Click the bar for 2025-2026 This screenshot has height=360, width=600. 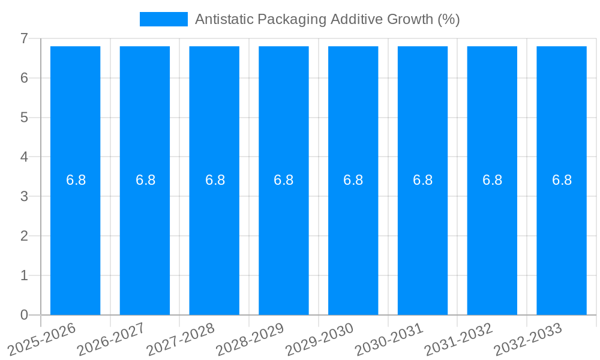tap(75, 240)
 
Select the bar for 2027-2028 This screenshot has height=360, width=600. tap(214, 240)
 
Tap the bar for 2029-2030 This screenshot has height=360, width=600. tap(353, 240)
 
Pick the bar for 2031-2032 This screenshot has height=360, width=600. tap(492, 240)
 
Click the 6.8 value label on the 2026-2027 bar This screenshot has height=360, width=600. tap(145, 180)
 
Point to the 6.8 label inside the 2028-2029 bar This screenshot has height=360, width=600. tap(283, 180)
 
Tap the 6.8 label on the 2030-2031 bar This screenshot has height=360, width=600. tap(422, 180)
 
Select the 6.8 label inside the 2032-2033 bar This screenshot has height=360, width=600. tap(562, 180)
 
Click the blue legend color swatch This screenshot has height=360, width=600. tap(163, 19)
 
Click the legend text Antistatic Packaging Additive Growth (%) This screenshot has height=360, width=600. tap(327, 19)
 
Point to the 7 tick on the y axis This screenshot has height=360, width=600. tap(24, 38)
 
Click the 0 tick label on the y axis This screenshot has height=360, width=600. tap(24, 315)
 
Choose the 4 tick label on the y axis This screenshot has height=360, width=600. tap(24, 157)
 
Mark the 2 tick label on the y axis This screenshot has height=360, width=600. tap(24, 236)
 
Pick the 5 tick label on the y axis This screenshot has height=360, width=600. tap(24, 118)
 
